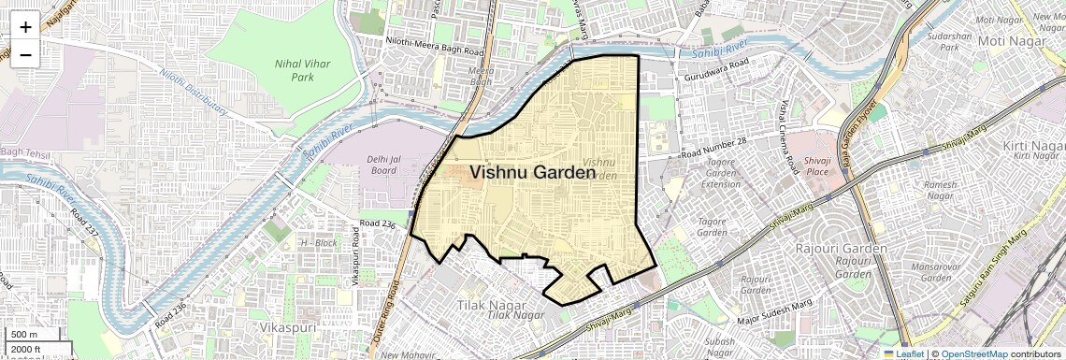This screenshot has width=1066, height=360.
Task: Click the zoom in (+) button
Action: [25, 26]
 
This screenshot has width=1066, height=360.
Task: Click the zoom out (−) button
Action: [25, 54]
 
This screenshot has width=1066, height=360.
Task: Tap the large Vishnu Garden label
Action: [532, 173]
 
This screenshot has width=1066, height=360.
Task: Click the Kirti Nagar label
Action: [1034, 147]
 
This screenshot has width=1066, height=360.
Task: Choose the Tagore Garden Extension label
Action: [721, 173]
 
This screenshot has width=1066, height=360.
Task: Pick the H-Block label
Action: [318, 242]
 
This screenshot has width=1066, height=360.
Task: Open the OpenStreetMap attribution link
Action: [974, 353]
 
